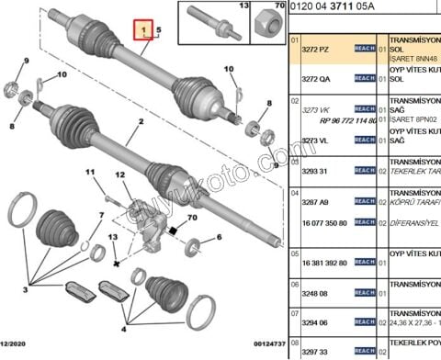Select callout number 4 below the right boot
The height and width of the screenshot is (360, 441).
[x=123, y=326]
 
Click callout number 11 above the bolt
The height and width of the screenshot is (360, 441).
[x=90, y=174]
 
